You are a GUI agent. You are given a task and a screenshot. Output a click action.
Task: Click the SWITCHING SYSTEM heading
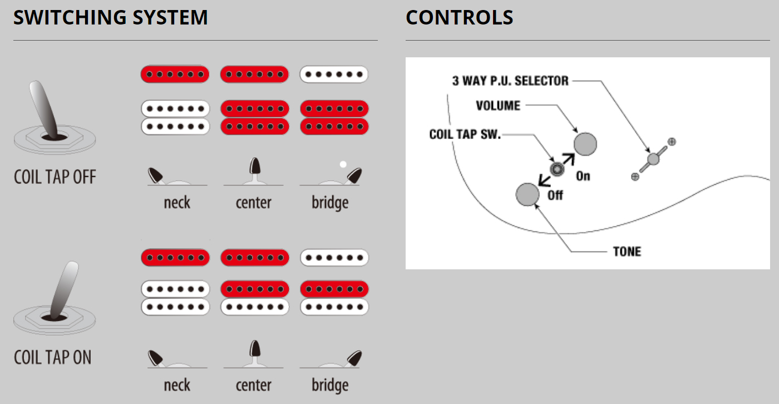tap(110, 18)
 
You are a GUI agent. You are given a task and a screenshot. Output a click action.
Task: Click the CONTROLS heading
tap(459, 18)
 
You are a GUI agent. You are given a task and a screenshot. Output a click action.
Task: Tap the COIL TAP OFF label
tap(55, 178)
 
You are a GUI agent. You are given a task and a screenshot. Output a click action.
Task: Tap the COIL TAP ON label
tap(52, 357)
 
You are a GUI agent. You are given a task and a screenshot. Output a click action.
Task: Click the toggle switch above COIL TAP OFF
tap(50, 117)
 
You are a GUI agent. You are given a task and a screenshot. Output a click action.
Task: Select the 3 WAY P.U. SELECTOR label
tap(511, 81)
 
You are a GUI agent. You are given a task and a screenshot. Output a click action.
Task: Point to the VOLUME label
tap(498, 106)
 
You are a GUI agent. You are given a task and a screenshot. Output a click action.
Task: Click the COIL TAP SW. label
tap(465, 135)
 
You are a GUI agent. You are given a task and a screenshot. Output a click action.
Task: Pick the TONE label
tap(627, 252)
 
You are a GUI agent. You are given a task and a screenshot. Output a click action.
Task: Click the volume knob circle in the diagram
tap(585, 144)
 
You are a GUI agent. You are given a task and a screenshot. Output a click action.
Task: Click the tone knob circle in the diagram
tap(527, 194)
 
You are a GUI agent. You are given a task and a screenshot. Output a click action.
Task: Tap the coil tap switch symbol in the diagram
tap(556, 169)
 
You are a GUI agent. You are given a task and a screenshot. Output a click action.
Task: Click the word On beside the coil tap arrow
tap(583, 176)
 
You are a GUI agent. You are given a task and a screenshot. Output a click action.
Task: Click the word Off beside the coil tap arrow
tap(555, 195)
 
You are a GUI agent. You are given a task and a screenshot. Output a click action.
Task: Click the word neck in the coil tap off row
tap(177, 202)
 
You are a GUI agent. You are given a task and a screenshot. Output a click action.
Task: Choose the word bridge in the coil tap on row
tap(330, 385)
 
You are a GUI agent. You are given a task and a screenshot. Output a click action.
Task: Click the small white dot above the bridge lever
tap(343, 164)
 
